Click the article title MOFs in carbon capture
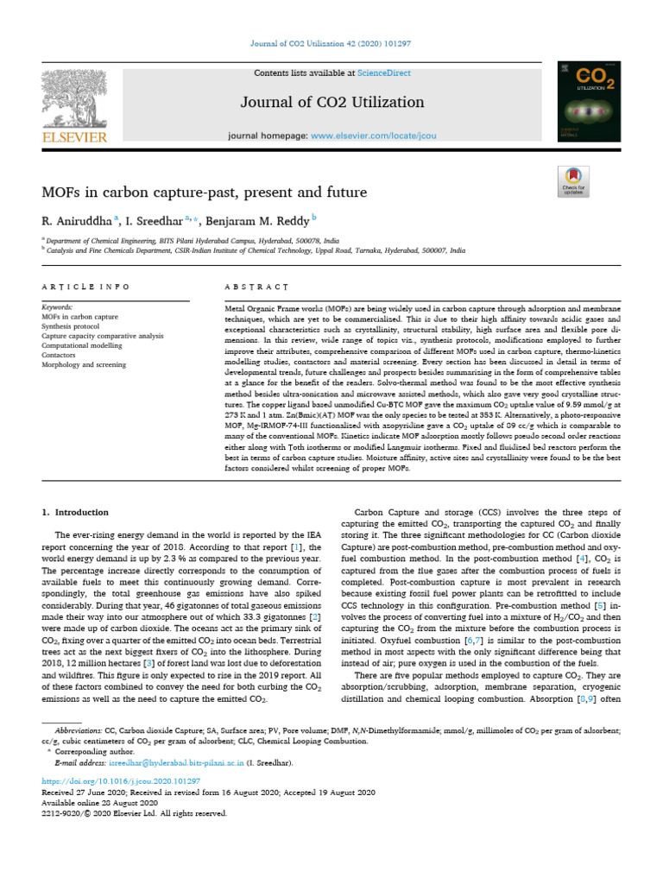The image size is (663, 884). tap(204, 192)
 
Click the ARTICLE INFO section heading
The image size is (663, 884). tap(85, 287)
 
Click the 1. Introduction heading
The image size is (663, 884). tap(76, 512)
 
